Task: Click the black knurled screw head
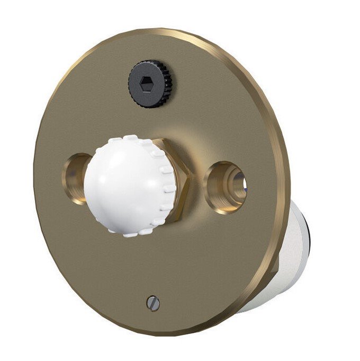tap(149, 84)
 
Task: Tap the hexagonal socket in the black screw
tap(145, 84)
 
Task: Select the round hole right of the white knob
tap(227, 187)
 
